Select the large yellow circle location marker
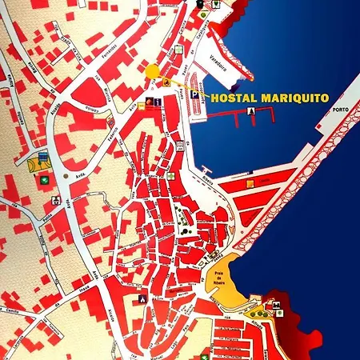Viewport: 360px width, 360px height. click(152, 70)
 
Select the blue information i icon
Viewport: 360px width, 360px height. click(158, 102)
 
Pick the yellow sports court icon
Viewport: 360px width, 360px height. click(37, 164)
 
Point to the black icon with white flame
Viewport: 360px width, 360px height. click(142, 298)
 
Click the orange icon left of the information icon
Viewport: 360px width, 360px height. click(150, 102)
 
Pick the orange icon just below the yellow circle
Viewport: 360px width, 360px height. click(166, 82)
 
